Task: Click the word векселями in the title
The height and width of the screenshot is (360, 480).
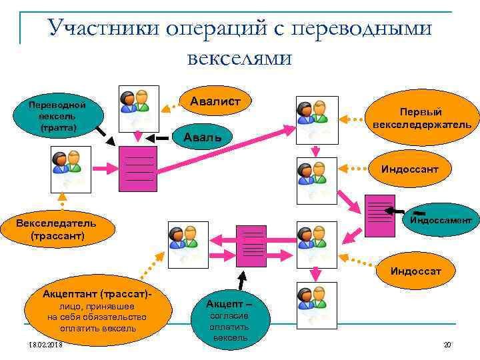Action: point(239,57)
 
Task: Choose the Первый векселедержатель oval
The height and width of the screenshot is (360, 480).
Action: point(421,118)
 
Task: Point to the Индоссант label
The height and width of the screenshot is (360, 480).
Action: point(409,169)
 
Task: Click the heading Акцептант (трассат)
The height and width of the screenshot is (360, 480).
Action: point(94,293)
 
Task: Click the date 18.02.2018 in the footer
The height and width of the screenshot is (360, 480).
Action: point(43,344)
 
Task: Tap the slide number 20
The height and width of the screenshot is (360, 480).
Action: point(447,344)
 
